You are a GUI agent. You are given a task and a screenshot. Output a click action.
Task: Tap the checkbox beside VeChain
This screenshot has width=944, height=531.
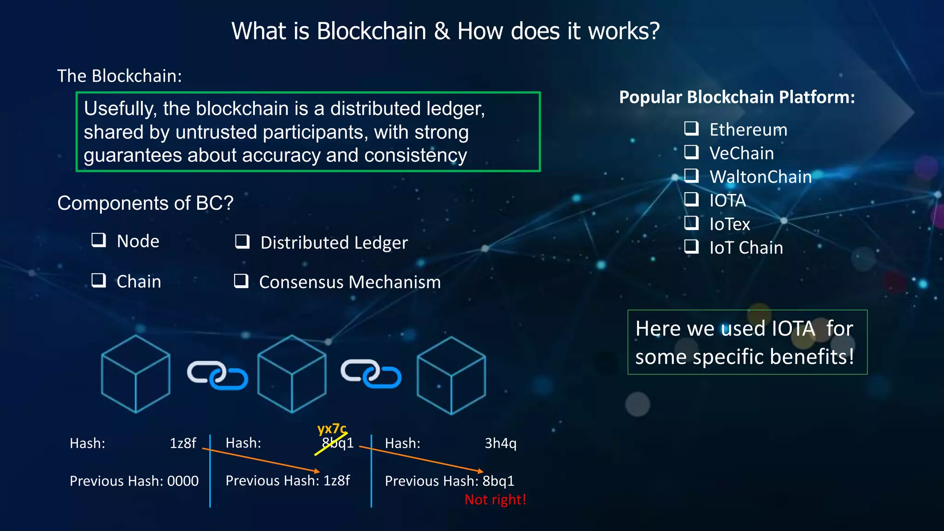click(691, 152)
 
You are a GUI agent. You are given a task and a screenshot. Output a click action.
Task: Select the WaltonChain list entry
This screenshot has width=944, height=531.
click(760, 177)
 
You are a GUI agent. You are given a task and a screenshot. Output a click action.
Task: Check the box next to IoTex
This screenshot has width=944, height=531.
click(691, 223)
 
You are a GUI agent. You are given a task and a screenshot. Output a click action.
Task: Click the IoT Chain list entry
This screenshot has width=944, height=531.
click(746, 248)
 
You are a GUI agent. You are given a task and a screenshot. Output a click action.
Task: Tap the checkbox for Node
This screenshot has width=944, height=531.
click(99, 240)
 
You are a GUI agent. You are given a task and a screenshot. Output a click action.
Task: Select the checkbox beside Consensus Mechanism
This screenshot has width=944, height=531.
click(241, 281)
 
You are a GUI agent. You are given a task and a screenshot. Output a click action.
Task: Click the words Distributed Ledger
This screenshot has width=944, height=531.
click(334, 243)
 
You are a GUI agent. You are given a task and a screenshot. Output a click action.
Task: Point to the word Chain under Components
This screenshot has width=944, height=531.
click(139, 282)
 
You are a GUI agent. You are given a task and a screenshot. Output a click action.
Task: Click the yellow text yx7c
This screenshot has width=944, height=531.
click(331, 429)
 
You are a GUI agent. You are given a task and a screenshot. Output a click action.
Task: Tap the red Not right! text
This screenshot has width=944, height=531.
click(495, 500)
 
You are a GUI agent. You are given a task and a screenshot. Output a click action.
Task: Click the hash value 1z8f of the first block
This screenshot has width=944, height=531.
click(183, 443)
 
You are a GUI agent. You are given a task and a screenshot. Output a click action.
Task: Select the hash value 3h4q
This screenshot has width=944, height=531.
click(501, 443)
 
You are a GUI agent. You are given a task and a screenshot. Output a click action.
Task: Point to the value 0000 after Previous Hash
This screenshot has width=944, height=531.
click(183, 481)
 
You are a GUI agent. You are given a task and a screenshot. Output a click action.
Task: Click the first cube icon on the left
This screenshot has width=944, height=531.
click(136, 374)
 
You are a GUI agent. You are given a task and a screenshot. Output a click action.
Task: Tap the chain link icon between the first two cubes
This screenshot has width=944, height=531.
click(218, 374)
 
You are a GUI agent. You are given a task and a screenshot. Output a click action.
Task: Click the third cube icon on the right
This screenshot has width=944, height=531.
click(451, 375)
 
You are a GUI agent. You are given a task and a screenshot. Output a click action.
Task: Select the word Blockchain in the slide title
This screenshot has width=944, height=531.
click(371, 31)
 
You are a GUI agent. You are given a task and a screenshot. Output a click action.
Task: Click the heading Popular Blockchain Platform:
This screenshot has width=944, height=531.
click(737, 97)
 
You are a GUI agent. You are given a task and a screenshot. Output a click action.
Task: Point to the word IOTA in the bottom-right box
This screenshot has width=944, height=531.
click(793, 329)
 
